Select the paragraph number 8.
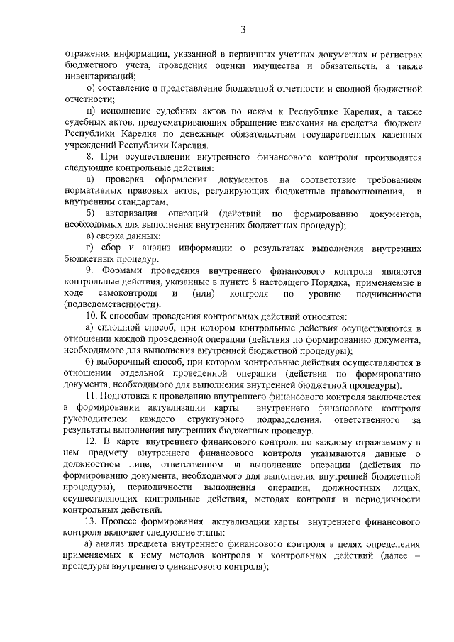(x=88, y=155)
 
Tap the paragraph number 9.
(x=89, y=271)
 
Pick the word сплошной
(x=116, y=327)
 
